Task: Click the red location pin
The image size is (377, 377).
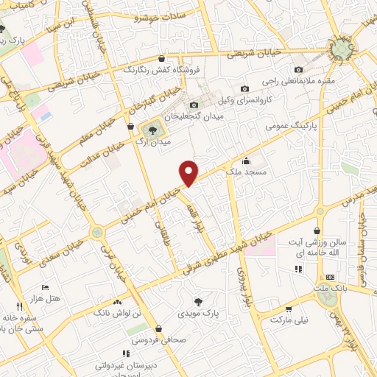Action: tap(189, 172)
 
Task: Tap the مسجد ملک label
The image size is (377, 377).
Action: tap(267, 170)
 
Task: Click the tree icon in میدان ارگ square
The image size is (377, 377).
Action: tap(152, 129)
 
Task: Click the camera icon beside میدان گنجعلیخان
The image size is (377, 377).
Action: tap(194, 105)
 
